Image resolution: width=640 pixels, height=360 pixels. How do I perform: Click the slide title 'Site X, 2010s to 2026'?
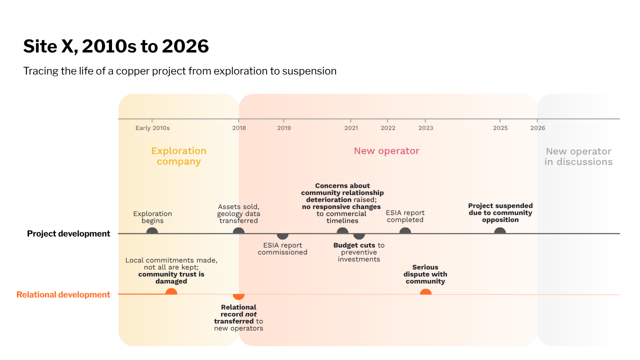(116, 46)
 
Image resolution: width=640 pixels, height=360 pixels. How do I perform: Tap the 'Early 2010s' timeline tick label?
(152, 128)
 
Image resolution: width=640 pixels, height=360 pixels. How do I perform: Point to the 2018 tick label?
(239, 128)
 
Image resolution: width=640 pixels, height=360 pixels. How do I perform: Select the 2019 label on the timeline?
(284, 128)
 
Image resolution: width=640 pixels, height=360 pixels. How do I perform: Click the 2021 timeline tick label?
(351, 128)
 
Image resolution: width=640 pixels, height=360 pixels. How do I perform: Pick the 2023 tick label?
(425, 128)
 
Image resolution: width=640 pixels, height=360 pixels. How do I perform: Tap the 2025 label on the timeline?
(500, 128)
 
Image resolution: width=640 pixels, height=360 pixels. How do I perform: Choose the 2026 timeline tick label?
(537, 128)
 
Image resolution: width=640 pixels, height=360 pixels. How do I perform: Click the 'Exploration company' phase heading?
(179, 156)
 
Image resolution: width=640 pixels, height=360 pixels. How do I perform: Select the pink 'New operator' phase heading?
(386, 151)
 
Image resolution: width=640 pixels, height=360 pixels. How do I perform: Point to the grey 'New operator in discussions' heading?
(578, 156)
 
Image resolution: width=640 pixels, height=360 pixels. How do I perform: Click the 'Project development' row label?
(68, 233)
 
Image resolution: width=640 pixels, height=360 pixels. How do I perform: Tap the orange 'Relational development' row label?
(63, 294)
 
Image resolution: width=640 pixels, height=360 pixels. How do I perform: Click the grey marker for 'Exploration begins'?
(152, 231)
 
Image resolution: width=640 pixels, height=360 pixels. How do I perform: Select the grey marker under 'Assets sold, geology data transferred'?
(238, 231)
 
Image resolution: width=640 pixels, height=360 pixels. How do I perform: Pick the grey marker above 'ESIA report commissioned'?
(282, 236)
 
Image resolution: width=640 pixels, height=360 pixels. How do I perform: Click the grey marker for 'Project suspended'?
(500, 231)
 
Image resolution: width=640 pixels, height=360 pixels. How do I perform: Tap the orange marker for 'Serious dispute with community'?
(425, 291)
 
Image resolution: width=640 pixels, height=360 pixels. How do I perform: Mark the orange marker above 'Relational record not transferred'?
(238, 297)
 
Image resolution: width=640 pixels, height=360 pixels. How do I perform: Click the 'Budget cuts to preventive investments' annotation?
(359, 252)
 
